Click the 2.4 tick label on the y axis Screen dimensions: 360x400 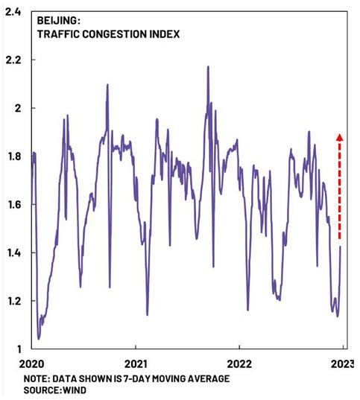pos(13,12)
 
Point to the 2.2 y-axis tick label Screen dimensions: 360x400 pos(13,60)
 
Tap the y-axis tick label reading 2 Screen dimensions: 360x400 pos(18,108)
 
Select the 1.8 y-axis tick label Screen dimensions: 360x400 pos(14,156)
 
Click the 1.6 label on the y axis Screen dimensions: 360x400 pos(14,205)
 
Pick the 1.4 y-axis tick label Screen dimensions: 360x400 pos(14,253)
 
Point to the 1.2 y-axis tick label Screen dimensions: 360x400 pos(14,301)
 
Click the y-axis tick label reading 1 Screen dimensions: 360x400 pos(19,349)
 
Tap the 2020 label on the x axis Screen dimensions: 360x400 pos(31,364)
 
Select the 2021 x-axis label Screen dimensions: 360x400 pos(136,364)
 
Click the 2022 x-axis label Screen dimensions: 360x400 pos(239,364)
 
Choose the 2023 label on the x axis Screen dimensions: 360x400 pos(342,364)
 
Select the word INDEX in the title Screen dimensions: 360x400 pos(164,34)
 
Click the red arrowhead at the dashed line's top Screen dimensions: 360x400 pos(340,137)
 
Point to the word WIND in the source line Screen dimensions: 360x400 pos(75,390)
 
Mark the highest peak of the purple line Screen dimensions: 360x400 pos(208,66)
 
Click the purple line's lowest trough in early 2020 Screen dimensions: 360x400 pos(39,339)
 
